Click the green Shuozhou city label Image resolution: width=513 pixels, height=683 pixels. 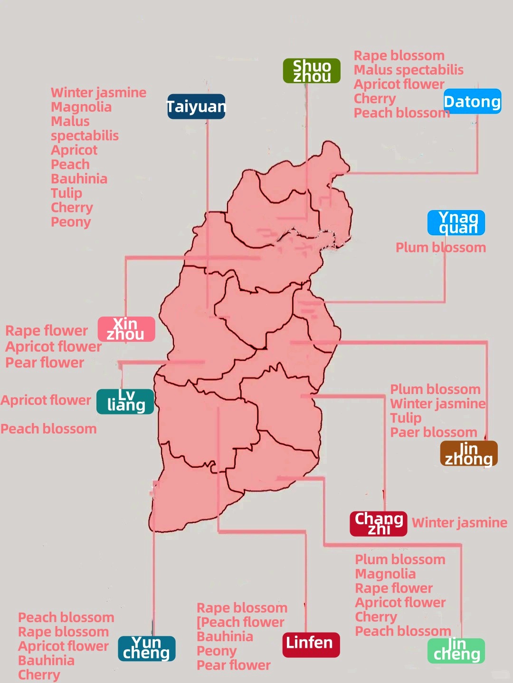pos(312,71)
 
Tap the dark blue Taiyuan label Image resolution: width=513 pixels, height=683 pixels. pos(196,106)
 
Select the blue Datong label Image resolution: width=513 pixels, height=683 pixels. pos(472,102)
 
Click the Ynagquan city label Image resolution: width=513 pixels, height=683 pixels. pos(456,222)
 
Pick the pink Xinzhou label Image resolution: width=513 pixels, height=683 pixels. pos(126,329)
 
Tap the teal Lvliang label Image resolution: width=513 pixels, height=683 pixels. pos(125,401)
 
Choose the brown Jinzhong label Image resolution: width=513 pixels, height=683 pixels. pos(469,453)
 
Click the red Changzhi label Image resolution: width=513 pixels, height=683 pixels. pos(379,523)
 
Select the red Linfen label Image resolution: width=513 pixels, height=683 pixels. pos(311,644)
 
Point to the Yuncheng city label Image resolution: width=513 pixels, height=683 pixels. pos(147,648)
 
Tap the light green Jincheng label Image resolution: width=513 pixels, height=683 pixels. pos(456,650)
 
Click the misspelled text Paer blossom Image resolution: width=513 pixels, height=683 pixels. pos(433,432)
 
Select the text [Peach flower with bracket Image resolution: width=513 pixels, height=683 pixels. pos(240,622)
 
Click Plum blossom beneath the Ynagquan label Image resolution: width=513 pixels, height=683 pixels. pos(440,248)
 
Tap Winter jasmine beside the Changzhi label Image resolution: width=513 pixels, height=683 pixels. pos(459,523)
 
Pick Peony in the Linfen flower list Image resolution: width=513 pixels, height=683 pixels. pos(216,651)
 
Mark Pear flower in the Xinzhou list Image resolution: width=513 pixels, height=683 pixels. pos(45,363)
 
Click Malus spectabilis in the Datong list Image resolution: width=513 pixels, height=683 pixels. pos(408,70)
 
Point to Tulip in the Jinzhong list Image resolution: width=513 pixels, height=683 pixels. pos(406,418)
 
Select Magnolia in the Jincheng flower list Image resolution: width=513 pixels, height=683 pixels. pos(385,574)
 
